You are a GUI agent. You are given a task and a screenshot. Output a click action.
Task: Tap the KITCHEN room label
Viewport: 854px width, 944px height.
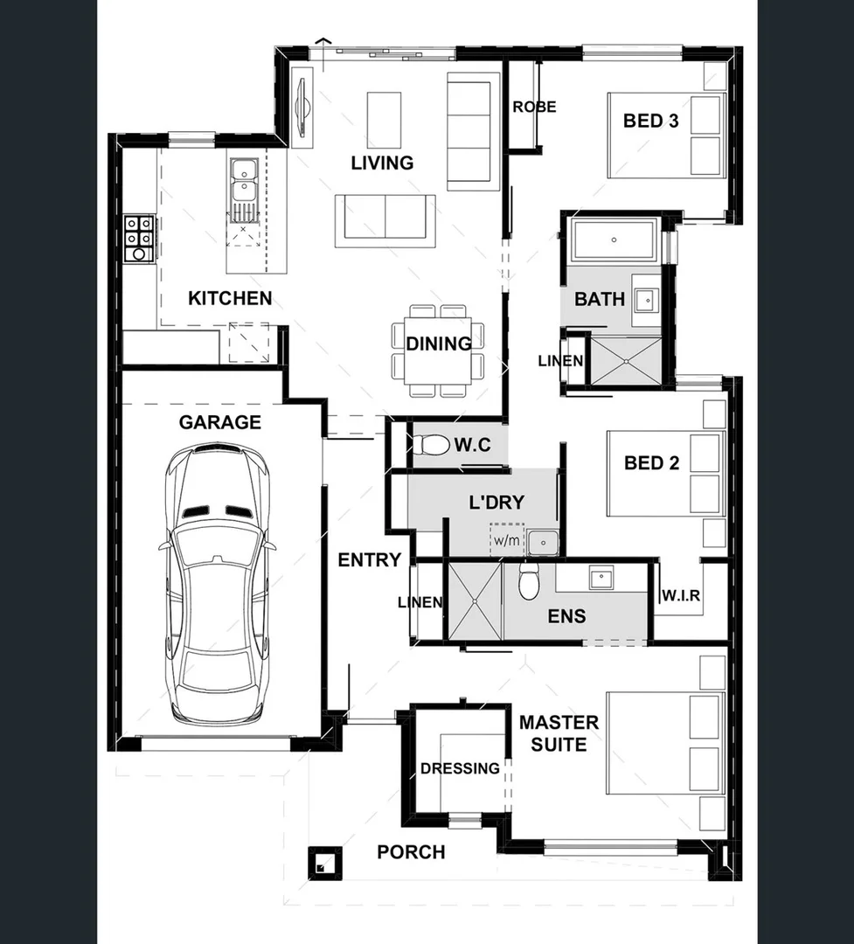tap(230, 299)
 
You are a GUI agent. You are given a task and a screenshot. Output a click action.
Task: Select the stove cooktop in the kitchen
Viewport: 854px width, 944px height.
tap(139, 238)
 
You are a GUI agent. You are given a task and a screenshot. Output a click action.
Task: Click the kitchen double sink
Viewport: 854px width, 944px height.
tap(243, 182)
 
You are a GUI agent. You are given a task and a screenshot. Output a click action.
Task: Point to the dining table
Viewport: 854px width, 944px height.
tap(438, 351)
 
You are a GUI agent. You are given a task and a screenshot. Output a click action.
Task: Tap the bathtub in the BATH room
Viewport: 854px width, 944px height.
tap(614, 239)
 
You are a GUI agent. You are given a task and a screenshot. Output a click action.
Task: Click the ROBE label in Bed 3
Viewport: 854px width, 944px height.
tap(534, 108)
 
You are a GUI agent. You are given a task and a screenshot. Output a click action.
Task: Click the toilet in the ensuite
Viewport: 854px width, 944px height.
tap(529, 581)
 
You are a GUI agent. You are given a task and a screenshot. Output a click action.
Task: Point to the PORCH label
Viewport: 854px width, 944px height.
tap(411, 852)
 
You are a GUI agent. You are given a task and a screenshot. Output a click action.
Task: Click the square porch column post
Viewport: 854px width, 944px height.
tap(323, 864)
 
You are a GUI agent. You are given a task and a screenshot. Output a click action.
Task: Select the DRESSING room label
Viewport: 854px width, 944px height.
tap(460, 768)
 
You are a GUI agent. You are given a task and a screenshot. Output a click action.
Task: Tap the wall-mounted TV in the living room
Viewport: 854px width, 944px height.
tap(302, 108)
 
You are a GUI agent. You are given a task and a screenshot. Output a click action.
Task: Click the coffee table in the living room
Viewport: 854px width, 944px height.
tap(384, 120)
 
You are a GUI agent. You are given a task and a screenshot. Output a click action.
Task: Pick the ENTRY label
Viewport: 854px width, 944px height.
tap(369, 560)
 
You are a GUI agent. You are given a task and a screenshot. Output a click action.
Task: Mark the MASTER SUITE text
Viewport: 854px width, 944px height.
tap(559, 733)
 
